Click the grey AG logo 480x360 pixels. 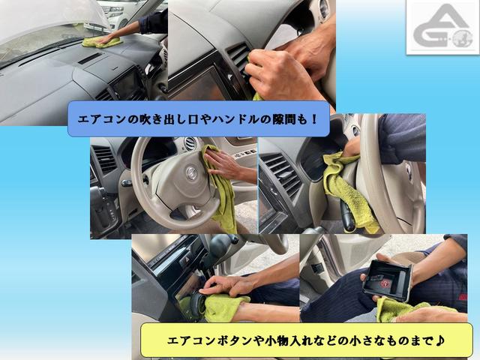pos(442,27)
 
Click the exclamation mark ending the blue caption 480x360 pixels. pos(313,119)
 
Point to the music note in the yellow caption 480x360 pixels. pos(440,340)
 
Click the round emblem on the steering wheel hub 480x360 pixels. pos(191,173)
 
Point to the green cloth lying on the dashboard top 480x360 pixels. pos(102,42)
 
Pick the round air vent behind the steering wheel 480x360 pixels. pos(190,143)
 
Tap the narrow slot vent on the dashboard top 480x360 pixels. pos(90,58)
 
